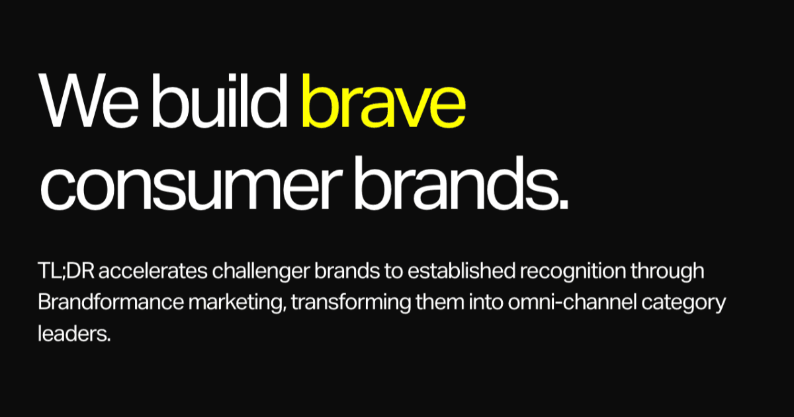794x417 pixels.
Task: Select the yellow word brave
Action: point(383,103)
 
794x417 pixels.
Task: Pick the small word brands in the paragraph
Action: point(360,272)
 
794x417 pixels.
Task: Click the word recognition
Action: point(580,272)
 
